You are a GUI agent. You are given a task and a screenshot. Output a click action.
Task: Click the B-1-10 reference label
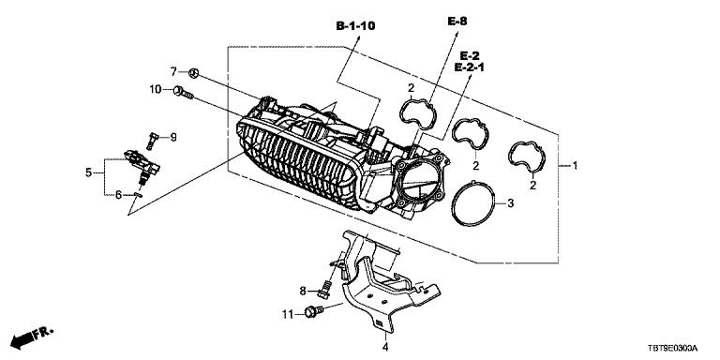coord(355,26)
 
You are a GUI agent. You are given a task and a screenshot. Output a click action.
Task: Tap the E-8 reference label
coord(457,22)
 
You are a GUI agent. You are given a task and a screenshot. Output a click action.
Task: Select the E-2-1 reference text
coord(470,67)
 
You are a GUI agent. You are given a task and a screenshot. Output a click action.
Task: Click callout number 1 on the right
coord(574,165)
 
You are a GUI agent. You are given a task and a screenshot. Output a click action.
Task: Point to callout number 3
coord(511,202)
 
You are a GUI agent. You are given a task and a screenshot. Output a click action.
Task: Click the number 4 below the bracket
coord(385,346)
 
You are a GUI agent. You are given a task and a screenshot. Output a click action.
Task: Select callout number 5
coord(88,172)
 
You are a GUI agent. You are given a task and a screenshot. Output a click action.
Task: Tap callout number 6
coord(118,195)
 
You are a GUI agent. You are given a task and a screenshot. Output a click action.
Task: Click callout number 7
coord(173,71)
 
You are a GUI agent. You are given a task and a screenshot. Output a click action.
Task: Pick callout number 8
coord(303,291)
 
